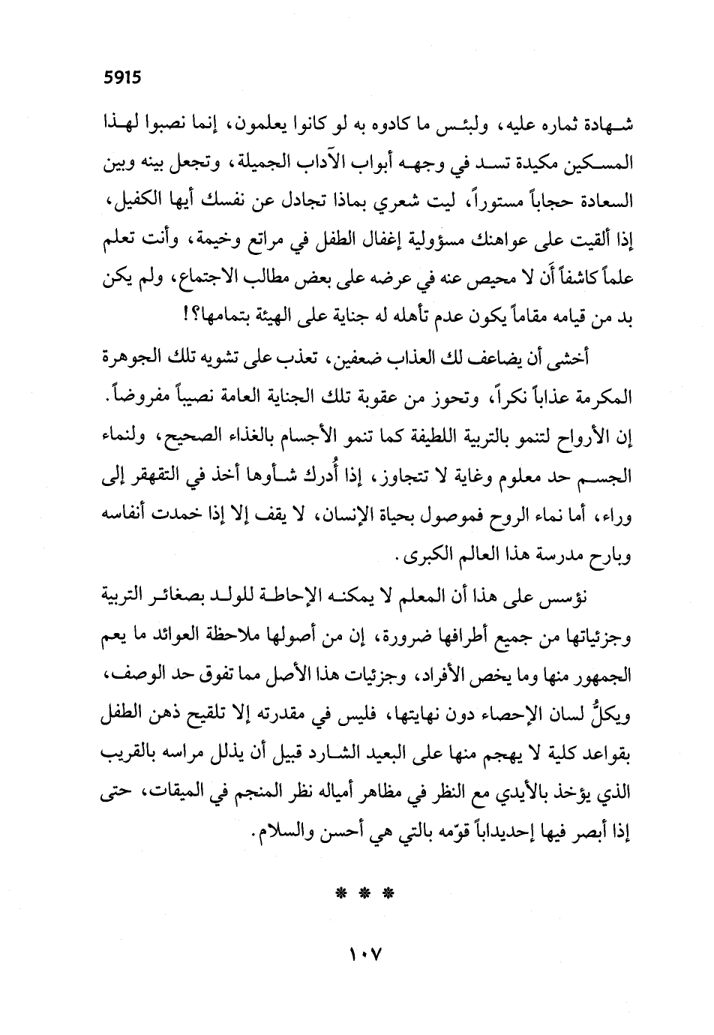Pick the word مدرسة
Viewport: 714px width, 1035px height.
(x=545, y=556)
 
